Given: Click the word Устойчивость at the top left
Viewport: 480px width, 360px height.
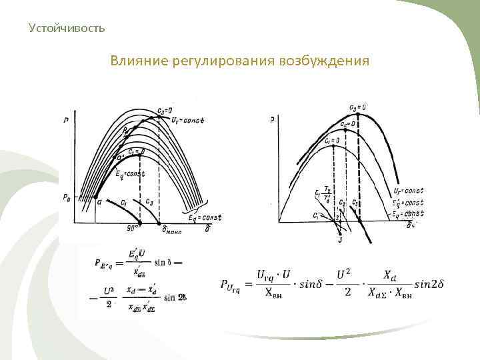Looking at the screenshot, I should [x=67, y=28].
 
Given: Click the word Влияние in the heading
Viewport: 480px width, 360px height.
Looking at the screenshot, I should [x=137, y=61].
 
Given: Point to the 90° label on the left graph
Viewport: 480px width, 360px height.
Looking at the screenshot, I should [x=131, y=228].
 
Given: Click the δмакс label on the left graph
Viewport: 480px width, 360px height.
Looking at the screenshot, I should [x=172, y=230].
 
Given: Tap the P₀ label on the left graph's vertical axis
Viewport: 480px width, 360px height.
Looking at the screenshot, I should [x=67, y=197].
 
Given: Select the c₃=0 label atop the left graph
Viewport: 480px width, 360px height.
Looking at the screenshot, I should [x=164, y=111].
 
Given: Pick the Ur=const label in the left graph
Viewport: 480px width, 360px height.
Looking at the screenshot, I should [x=187, y=121].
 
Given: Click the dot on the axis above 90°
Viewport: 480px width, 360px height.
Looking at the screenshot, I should [x=139, y=221].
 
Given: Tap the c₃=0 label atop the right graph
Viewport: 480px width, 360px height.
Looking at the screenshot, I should [x=357, y=107].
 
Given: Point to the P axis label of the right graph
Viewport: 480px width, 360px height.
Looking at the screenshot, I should [x=273, y=121].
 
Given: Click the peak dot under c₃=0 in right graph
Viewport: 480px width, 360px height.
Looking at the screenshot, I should [x=359, y=117].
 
